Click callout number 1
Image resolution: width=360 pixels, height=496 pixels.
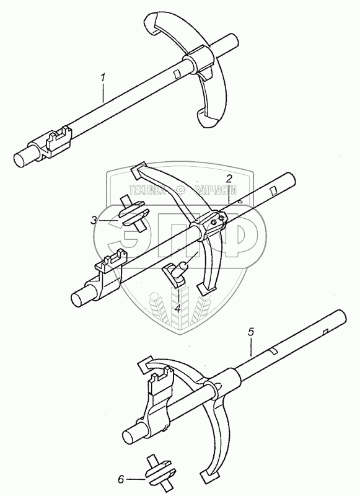click(103, 77)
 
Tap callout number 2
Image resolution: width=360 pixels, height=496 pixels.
click(229, 179)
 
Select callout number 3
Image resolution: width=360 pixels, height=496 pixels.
click(94, 220)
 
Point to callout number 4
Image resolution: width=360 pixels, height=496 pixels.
click(178, 308)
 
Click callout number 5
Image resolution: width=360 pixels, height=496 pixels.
click(251, 332)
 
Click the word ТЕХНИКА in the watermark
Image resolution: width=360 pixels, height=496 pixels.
click(147, 190)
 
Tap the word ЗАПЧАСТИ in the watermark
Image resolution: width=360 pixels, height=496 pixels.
click(216, 190)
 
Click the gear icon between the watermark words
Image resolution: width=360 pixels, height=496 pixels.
click(180, 190)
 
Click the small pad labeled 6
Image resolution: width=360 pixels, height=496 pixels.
click(160, 473)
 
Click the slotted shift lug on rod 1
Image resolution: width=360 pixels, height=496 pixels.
click(59, 141)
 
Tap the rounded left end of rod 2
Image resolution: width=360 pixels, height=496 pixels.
click(79, 299)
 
